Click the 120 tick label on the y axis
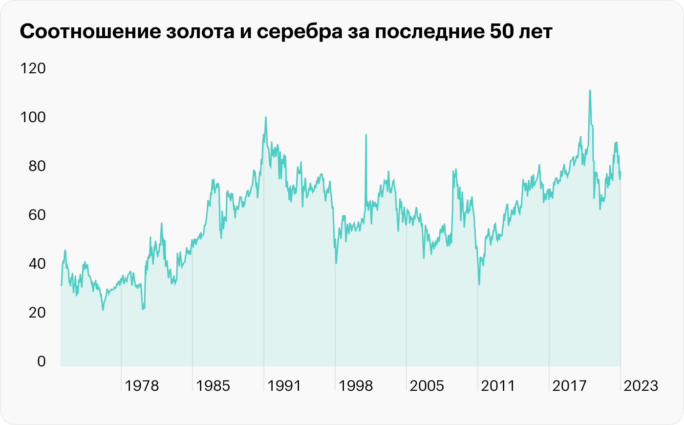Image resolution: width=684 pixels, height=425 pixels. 33,68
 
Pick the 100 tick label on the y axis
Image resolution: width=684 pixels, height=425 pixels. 33,117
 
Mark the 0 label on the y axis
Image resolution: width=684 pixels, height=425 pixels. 41,361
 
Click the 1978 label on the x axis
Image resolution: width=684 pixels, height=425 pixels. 142,386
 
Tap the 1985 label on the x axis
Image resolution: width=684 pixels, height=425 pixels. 213,386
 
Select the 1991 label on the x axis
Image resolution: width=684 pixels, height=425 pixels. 284,386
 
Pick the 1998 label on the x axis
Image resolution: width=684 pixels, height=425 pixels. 355,386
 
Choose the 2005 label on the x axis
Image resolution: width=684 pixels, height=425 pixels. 427,386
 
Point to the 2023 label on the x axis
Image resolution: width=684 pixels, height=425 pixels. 641,386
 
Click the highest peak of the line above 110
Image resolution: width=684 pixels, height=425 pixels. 590,90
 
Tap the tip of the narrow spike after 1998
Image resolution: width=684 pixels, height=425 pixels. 366,134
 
